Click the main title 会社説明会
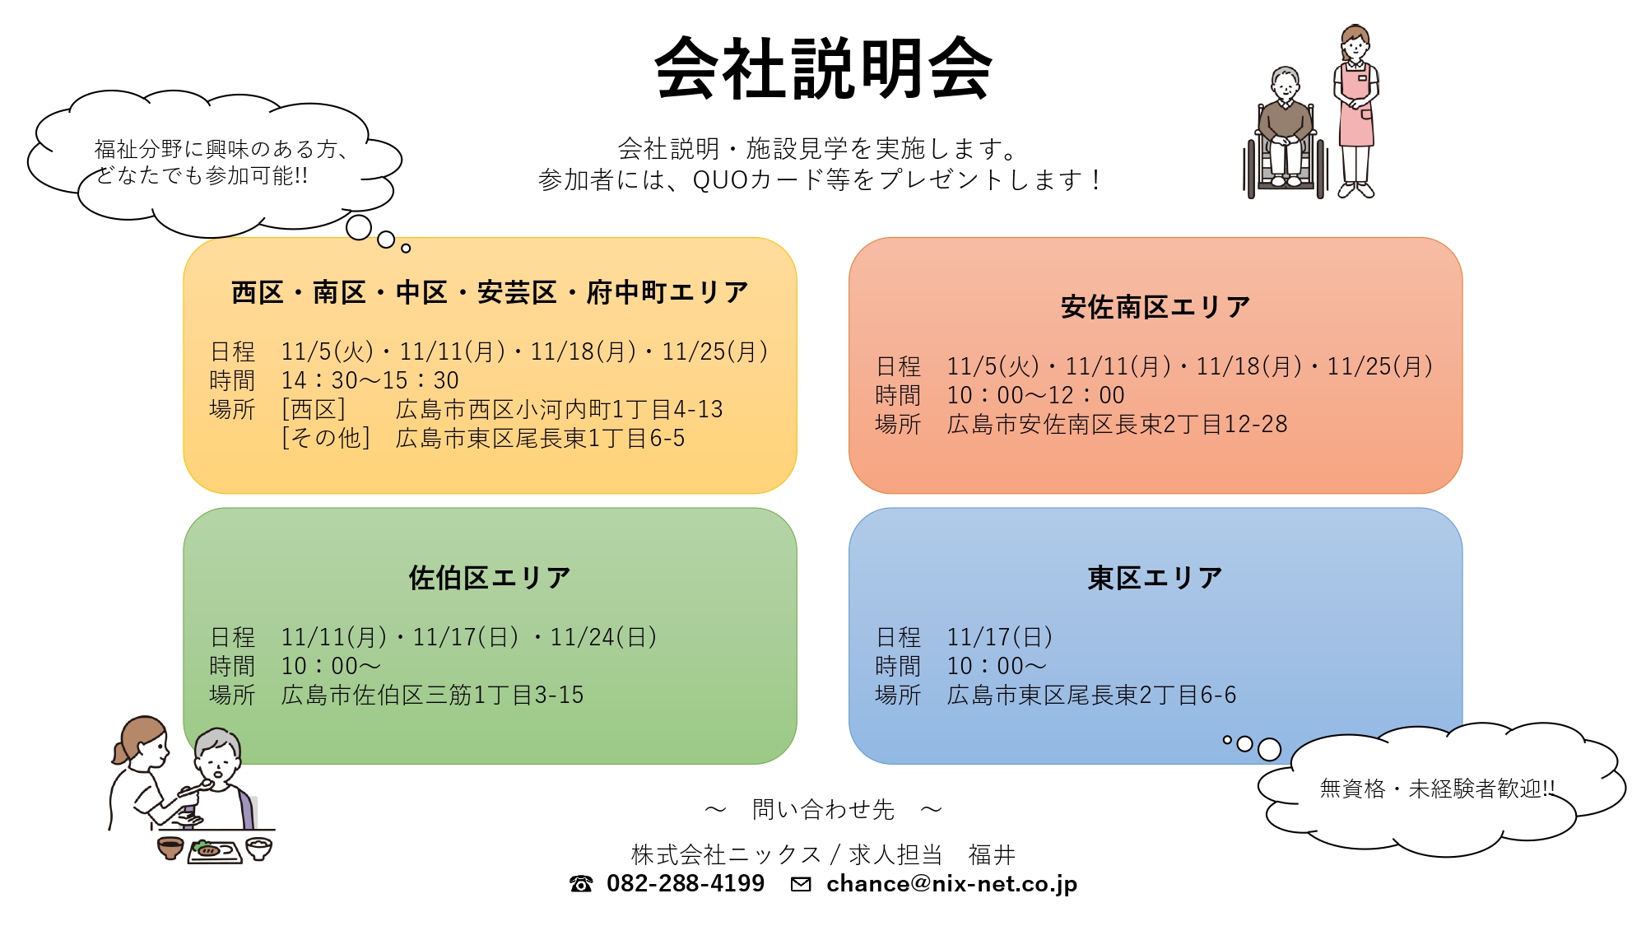(x=823, y=69)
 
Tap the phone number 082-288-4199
(x=686, y=883)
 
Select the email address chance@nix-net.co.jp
(x=951, y=884)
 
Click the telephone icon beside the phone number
(x=581, y=884)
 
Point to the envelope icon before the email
(x=801, y=884)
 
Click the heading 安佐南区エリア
(x=1155, y=307)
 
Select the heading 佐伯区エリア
(x=490, y=578)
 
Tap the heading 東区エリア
(x=1155, y=578)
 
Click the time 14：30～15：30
(x=370, y=380)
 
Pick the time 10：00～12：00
(x=1035, y=395)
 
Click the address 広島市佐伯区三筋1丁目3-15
(x=433, y=695)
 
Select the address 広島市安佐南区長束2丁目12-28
(x=1118, y=424)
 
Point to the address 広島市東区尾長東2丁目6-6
(x=1092, y=695)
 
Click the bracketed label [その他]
(x=326, y=438)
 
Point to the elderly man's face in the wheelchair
(x=1285, y=86)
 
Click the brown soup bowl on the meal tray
(x=170, y=848)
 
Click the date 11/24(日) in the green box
(x=603, y=637)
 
